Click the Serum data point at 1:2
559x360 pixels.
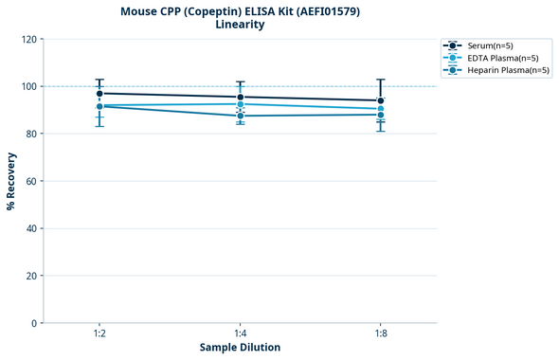(x=99, y=94)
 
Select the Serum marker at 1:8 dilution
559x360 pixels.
(x=381, y=100)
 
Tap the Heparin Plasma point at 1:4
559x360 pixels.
(x=241, y=116)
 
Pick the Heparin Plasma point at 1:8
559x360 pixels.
(x=381, y=115)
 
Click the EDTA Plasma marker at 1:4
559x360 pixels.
(x=241, y=104)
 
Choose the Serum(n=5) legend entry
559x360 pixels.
(x=489, y=45)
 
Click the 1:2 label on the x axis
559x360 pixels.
(x=99, y=334)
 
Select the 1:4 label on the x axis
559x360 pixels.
(x=241, y=334)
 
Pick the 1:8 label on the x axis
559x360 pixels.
(x=381, y=334)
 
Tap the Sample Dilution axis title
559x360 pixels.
(x=240, y=348)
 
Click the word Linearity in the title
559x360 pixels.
(x=240, y=25)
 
